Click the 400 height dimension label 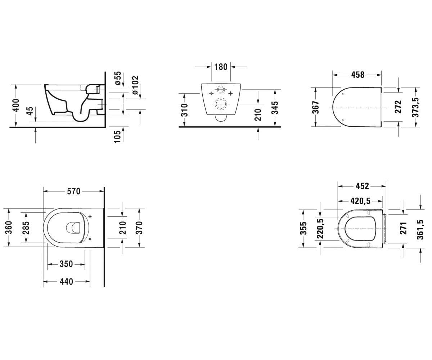pyautogui.click(x=16, y=105)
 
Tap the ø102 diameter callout pyautogui.click(x=135, y=85)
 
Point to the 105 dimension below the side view pyautogui.click(x=117, y=136)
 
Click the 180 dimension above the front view pyautogui.click(x=221, y=67)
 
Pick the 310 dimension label pyautogui.click(x=184, y=110)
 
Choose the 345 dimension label pyautogui.click(x=275, y=108)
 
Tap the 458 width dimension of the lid pyautogui.click(x=358, y=75)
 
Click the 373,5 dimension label pyautogui.click(x=415, y=107)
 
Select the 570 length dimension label pyautogui.click(x=73, y=192)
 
